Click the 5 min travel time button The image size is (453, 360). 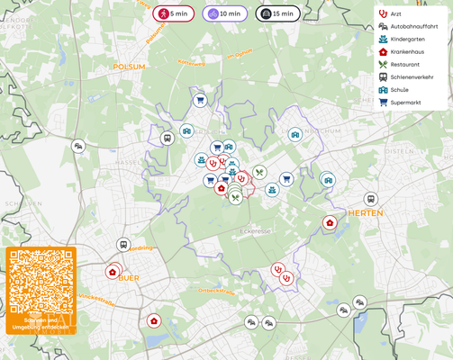click(x=173, y=13)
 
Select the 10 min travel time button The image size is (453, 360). click(x=224, y=13)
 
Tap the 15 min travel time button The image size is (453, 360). click(x=277, y=13)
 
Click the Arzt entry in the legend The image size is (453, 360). click(x=394, y=13)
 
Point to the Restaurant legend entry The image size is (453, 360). click(x=403, y=64)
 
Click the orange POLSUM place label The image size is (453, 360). click(x=129, y=67)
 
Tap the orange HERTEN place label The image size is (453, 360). click(x=365, y=213)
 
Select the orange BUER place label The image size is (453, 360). click(x=129, y=278)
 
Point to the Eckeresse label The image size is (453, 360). click(x=255, y=231)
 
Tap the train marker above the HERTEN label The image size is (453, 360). click(x=370, y=199)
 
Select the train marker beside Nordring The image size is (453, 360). click(x=123, y=245)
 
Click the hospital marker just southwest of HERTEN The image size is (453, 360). click(x=330, y=222)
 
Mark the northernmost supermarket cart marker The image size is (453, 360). click(x=200, y=100)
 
